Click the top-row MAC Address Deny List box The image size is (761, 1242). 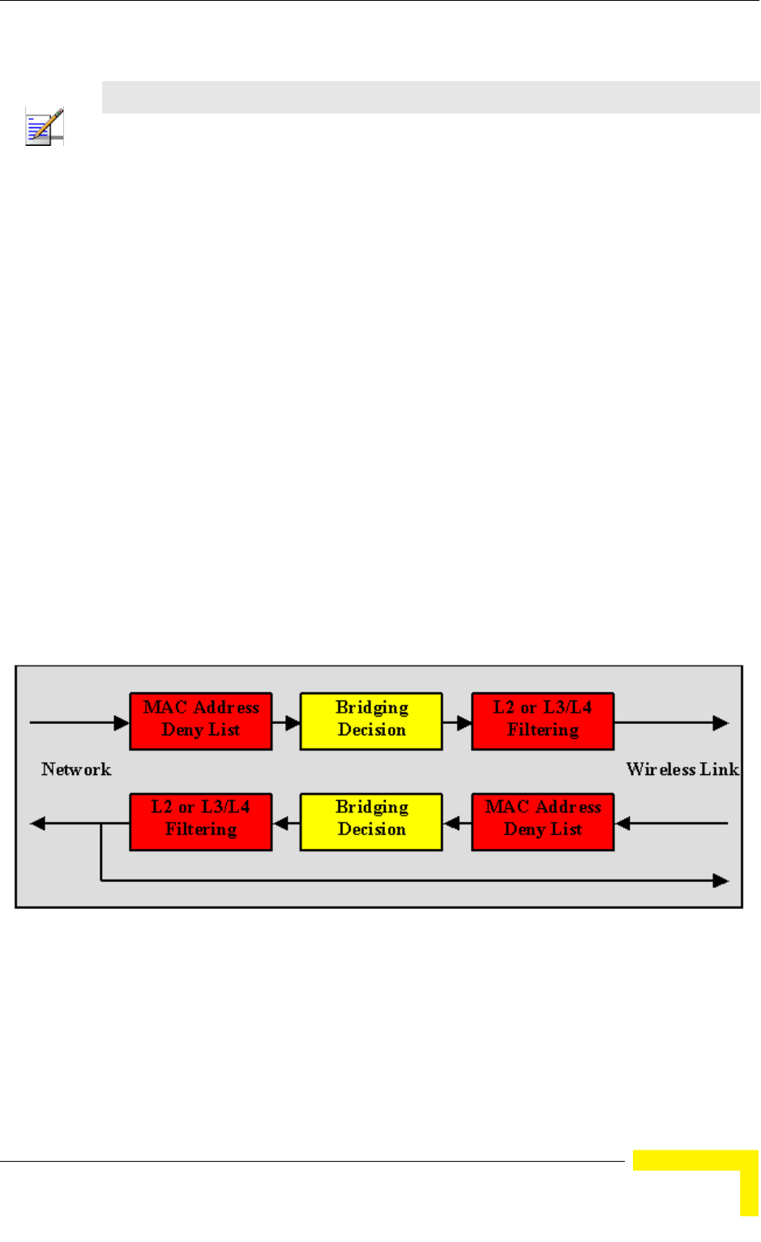(x=201, y=721)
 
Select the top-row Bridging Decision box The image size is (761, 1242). (x=371, y=721)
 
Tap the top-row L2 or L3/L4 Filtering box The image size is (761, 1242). (x=542, y=721)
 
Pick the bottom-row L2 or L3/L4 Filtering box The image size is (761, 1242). (x=201, y=821)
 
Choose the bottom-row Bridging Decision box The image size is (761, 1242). (x=371, y=821)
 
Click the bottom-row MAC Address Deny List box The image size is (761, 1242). (x=542, y=821)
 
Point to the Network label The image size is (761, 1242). (x=76, y=769)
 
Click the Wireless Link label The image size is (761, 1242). (x=682, y=769)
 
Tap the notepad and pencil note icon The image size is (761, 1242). (x=45, y=126)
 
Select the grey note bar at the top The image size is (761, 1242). (x=430, y=97)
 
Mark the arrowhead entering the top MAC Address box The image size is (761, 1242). (x=122, y=722)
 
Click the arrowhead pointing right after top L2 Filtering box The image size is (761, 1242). (x=720, y=722)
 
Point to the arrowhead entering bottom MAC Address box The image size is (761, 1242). (x=622, y=824)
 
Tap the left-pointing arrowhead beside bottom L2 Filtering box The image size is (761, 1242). (x=37, y=824)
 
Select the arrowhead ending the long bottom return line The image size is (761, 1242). (x=720, y=880)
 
